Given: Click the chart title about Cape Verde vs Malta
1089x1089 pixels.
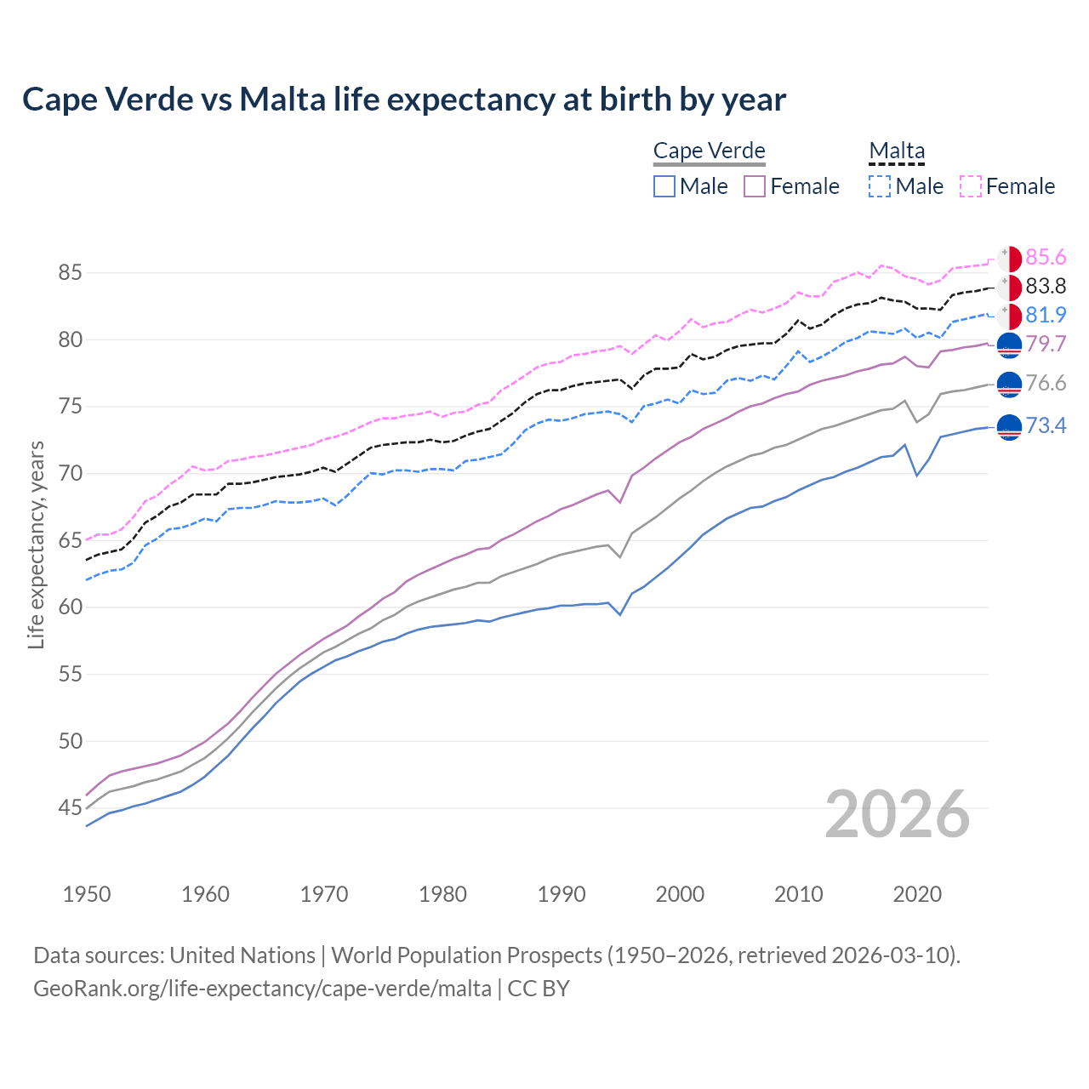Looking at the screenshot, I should coord(404,100).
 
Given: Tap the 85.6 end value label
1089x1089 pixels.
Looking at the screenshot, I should coord(1046,258).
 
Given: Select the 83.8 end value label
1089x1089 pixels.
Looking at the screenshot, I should coord(1046,287).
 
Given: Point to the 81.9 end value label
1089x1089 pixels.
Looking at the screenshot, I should coord(1046,316).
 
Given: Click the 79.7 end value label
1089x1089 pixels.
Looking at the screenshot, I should coord(1046,344).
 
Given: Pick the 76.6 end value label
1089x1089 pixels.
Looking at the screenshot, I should coord(1046,384).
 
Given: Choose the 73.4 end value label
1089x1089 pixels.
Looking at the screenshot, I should coord(1046,425).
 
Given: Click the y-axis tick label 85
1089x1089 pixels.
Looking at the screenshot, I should coord(70,273).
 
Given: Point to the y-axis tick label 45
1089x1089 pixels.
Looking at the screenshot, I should coord(70,807).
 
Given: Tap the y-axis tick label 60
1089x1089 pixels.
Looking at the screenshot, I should coord(70,607).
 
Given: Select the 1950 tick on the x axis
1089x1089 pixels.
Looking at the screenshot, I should coord(87,894).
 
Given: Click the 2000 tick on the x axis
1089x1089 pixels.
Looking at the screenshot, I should coord(680,894).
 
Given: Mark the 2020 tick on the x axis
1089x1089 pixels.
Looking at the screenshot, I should coord(917,894).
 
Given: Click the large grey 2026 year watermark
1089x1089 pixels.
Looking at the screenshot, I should coord(898,814).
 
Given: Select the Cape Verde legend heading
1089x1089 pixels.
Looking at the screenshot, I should coord(710,151).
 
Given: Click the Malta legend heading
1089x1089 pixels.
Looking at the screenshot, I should coord(897,151).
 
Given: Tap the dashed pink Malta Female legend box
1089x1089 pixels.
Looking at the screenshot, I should coord(971,186).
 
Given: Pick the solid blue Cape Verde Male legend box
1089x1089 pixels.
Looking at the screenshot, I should coord(664,186).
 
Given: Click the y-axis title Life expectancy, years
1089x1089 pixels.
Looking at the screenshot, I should coord(37,544).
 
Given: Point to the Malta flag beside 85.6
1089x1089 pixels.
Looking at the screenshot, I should coord(1009,259).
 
